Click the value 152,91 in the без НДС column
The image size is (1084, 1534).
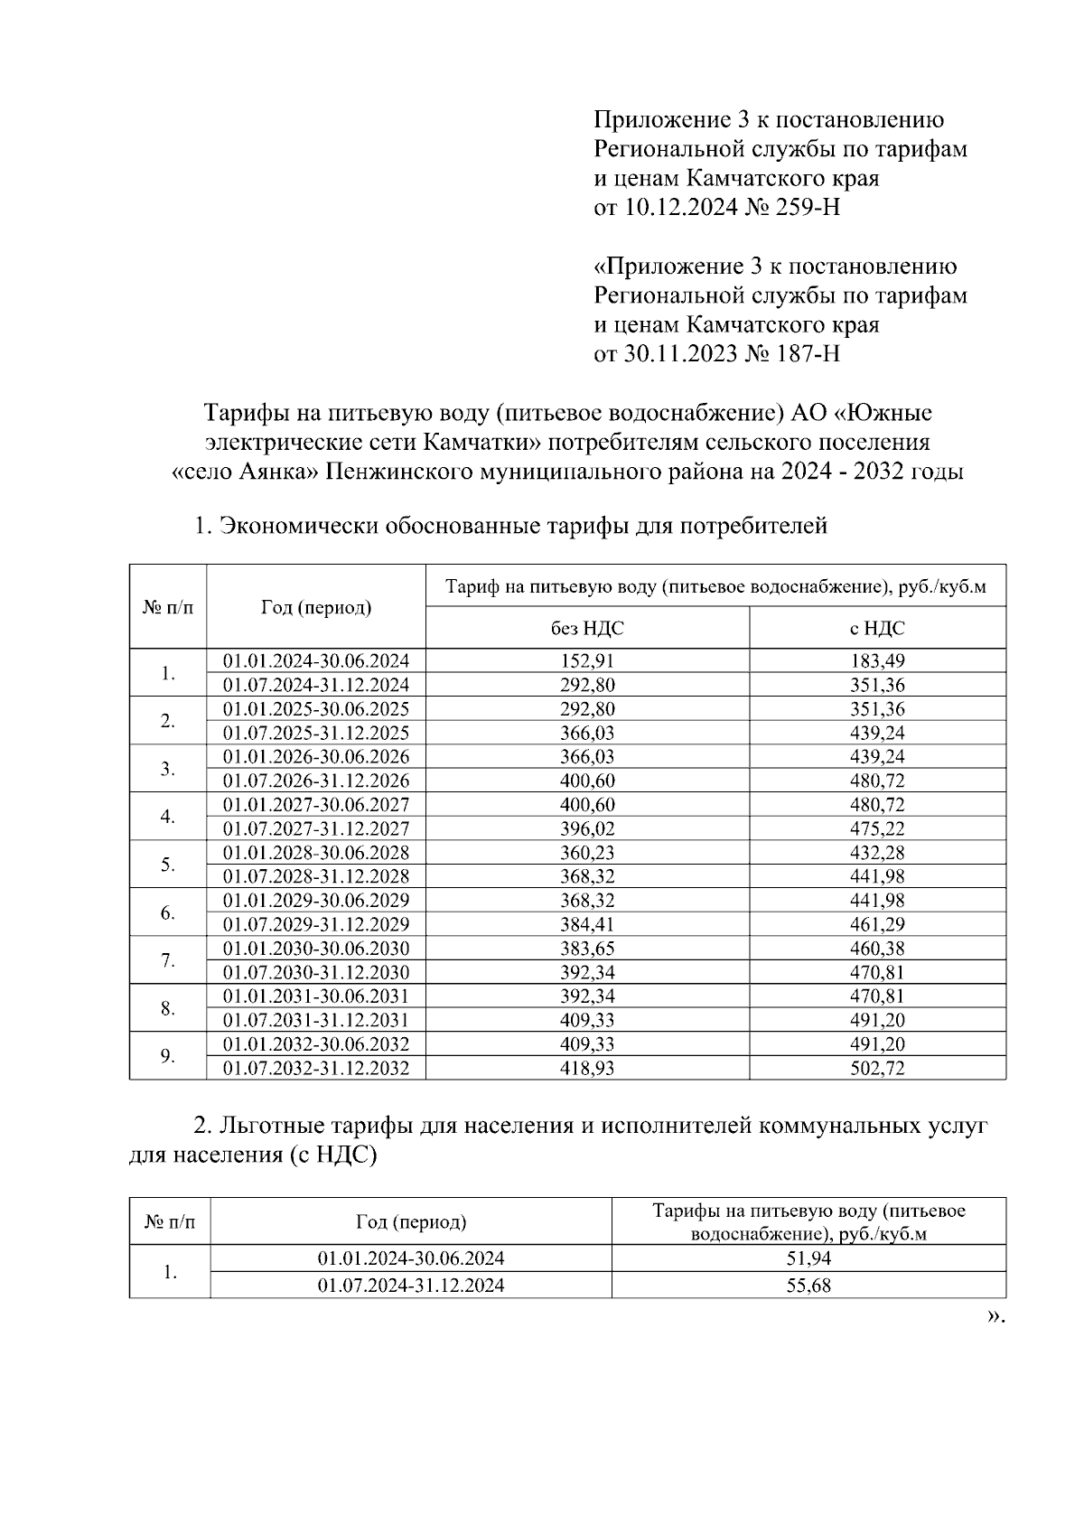[587, 660]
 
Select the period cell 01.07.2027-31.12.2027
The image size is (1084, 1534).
[316, 828]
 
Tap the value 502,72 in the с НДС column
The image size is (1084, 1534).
[877, 1068]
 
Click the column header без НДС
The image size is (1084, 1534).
[587, 628]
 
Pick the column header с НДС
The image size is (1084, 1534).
[877, 628]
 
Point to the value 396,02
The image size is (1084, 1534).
[587, 828]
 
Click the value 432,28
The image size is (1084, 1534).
[877, 852]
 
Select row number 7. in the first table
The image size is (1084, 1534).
[168, 960]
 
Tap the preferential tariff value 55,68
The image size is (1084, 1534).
[808, 1285]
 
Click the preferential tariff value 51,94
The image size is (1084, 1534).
[808, 1258]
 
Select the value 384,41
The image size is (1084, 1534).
[587, 924]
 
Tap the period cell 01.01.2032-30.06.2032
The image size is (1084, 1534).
[316, 1044]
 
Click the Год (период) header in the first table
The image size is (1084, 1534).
[316, 607]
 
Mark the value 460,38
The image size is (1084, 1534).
[877, 949]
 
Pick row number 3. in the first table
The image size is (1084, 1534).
[168, 769]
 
